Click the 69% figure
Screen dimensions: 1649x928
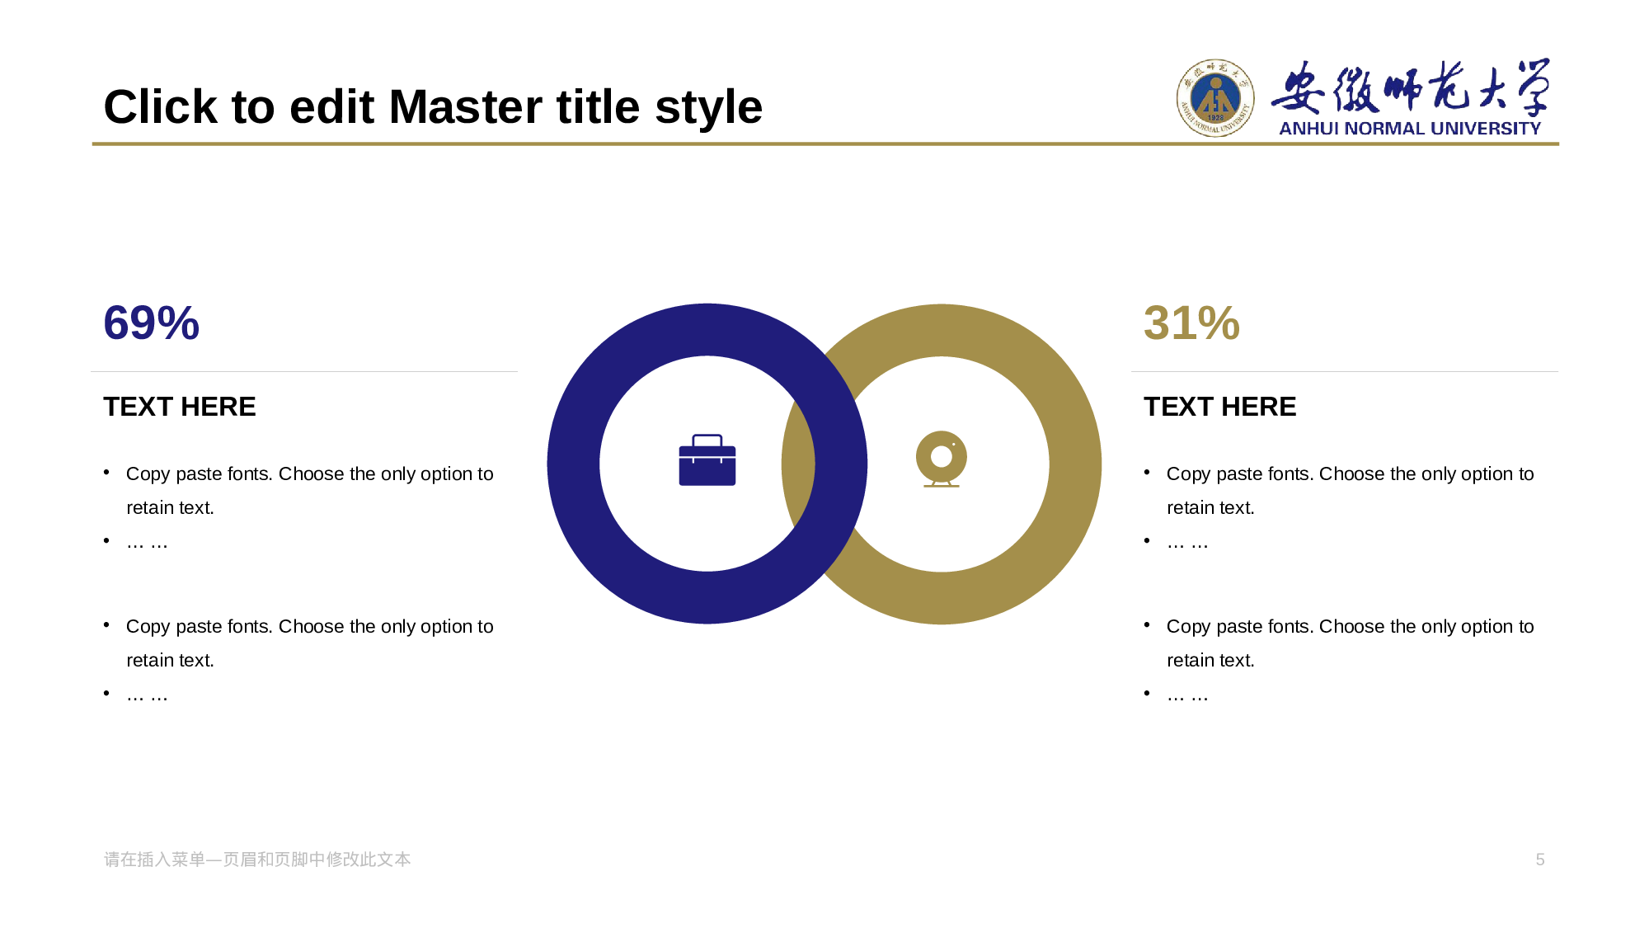pos(151,323)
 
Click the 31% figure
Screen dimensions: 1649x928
pos(1191,323)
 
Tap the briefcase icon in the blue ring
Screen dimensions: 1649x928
pos(707,460)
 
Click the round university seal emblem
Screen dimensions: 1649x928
pos(1215,98)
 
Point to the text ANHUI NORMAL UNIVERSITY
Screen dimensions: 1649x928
pos(1410,129)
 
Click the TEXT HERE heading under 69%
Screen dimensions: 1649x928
pos(180,407)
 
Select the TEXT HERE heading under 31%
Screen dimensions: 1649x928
pos(1220,407)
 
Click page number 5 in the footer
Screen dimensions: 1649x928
pos(1540,860)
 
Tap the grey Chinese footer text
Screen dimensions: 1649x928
pos(257,860)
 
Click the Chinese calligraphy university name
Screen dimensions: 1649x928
pos(1411,87)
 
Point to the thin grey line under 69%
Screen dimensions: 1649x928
pos(304,371)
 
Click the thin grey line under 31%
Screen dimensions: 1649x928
pos(1345,371)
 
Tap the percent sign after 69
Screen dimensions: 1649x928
pos(178,323)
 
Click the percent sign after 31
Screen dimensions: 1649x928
pos(1219,323)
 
